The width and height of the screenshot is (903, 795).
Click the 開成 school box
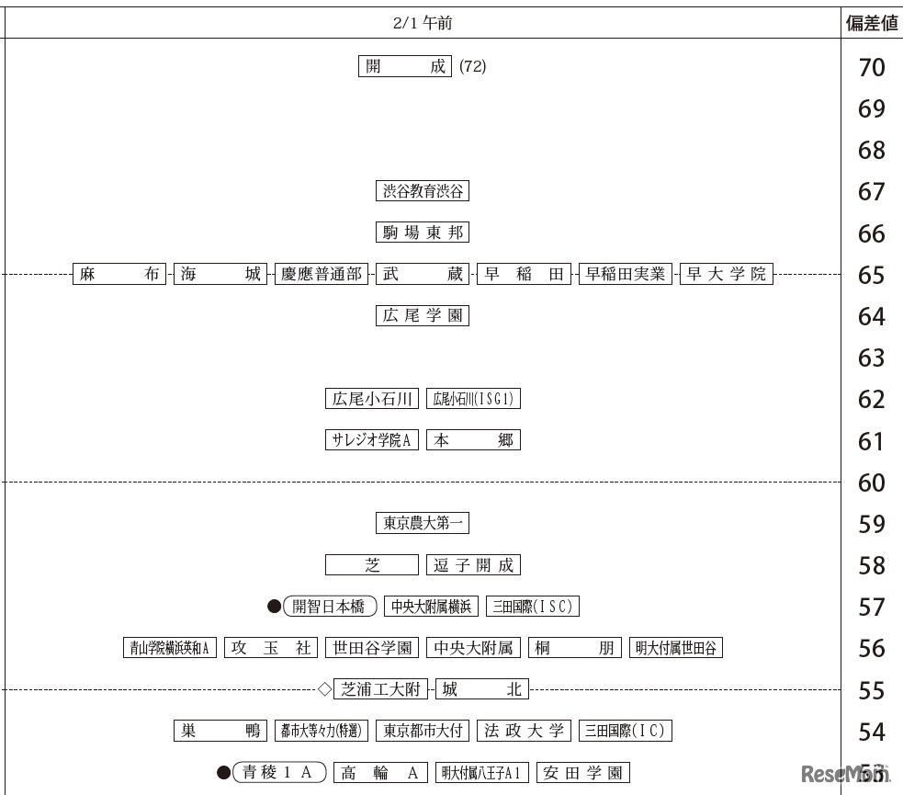(405, 67)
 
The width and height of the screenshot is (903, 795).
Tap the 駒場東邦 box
(423, 233)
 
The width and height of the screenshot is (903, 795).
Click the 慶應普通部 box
(322, 274)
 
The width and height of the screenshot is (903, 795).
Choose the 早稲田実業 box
(626, 274)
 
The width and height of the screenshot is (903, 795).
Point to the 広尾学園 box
(423, 315)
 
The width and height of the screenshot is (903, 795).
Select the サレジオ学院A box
(372, 440)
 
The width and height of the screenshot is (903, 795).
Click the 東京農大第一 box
(423, 523)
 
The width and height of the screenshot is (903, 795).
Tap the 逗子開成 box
(473, 564)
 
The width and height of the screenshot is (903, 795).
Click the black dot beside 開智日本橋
(274, 607)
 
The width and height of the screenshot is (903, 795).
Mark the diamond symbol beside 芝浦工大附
(323, 688)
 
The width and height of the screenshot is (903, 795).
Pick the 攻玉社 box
(271, 648)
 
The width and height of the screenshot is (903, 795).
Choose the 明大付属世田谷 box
(676, 648)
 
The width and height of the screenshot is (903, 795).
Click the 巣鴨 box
(220, 731)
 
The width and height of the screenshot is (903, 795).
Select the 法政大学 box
(524, 731)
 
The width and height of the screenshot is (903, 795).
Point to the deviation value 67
(871, 192)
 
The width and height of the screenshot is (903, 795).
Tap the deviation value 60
(871, 483)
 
